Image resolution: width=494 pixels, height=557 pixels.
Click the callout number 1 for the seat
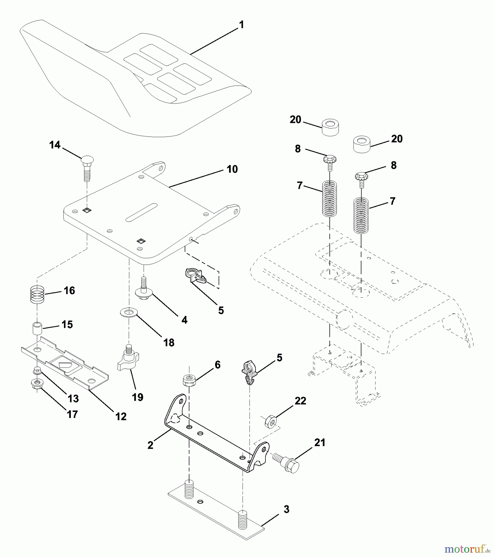tap(242, 25)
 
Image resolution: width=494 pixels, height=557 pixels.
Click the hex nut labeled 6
tap(189, 381)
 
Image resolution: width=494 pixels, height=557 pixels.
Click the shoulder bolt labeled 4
tap(143, 291)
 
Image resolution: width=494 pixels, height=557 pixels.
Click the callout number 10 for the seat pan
tap(232, 169)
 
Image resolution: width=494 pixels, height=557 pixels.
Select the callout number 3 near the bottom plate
tap(286, 509)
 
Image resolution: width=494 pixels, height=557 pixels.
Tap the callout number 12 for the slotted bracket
tap(121, 417)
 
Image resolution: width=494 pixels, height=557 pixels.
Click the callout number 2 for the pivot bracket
tap(150, 445)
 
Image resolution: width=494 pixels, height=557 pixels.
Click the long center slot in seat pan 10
tap(141, 212)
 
